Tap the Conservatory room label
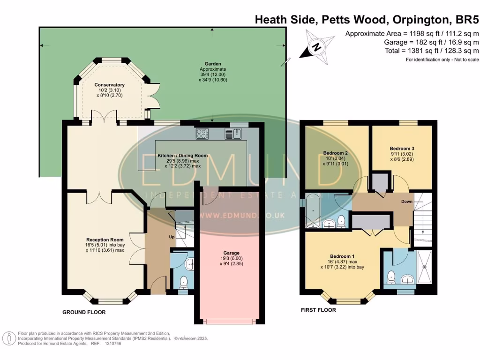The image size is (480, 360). click(x=109, y=85)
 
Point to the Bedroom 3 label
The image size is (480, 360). click(x=402, y=149)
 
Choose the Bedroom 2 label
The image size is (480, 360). click(x=335, y=152)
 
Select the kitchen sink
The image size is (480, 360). click(x=233, y=134)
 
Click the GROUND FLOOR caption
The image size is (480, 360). click(x=84, y=312)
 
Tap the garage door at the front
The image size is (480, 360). click(x=229, y=321)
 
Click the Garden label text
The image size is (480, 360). click(x=212, y=64)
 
